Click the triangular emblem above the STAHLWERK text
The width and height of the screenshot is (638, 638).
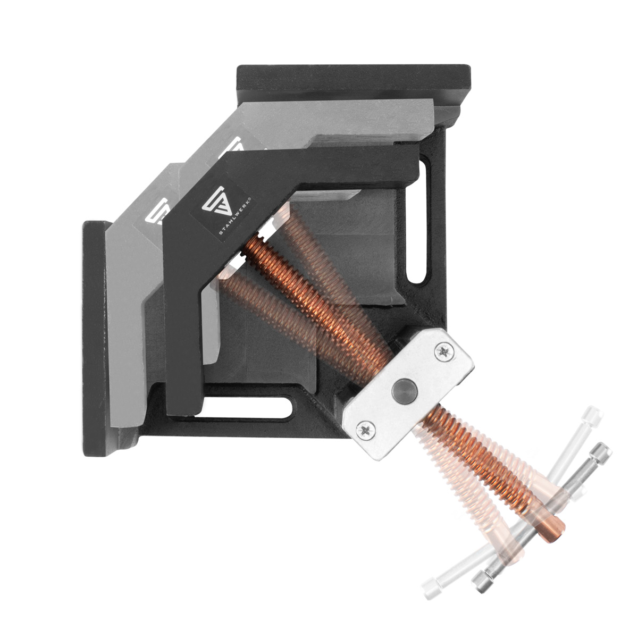coord(215,200)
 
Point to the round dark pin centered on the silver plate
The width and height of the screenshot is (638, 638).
coord(404,390)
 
